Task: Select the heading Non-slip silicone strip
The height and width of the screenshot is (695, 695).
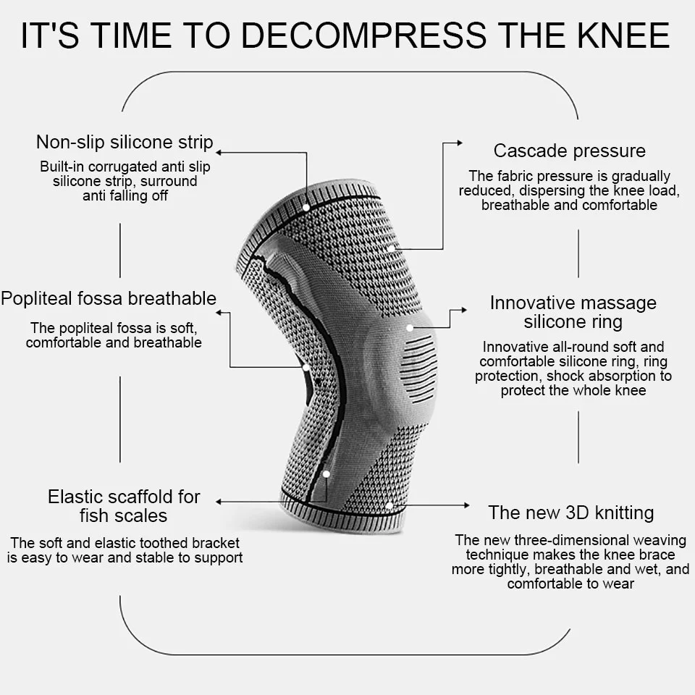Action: point(125,141)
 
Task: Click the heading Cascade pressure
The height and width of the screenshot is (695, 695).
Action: point(569,151)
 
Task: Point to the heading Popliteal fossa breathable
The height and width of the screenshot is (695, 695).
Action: point(109,298)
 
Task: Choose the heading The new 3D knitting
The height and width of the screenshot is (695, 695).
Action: point(570,513)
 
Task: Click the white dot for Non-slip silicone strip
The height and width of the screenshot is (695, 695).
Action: point(306,207)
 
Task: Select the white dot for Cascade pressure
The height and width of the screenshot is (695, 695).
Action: point(391,248)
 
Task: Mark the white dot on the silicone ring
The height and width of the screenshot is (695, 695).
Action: point(410,328)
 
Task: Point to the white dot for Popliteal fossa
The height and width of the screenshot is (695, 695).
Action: point(306,367)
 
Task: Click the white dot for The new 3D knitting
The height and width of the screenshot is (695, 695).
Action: point(389,505)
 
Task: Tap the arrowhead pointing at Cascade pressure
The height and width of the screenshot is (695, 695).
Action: point(458,143)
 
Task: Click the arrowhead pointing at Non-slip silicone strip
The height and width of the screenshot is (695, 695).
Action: point(219,152)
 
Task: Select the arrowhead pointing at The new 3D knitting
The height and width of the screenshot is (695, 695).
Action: point(467,505)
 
